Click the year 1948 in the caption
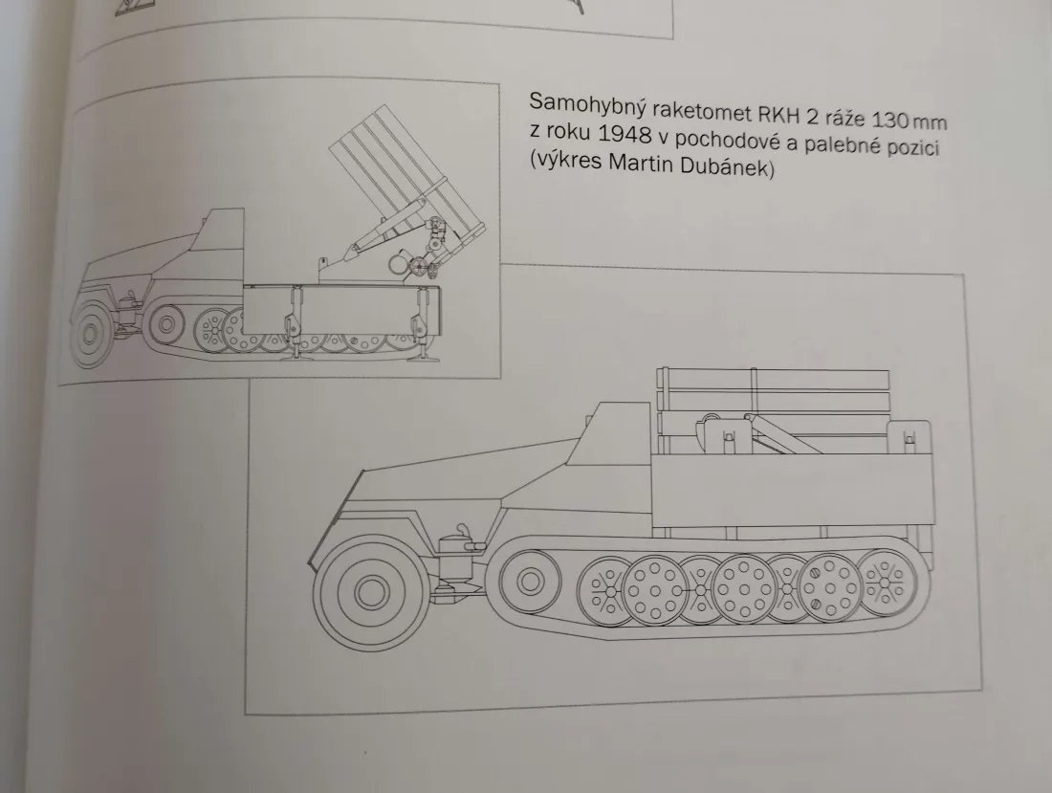626,134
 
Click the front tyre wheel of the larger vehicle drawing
366,591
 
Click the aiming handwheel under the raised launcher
419,267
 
